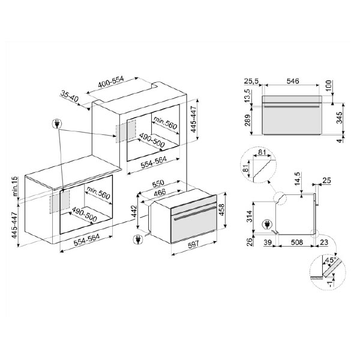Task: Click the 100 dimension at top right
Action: click(329, 83)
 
